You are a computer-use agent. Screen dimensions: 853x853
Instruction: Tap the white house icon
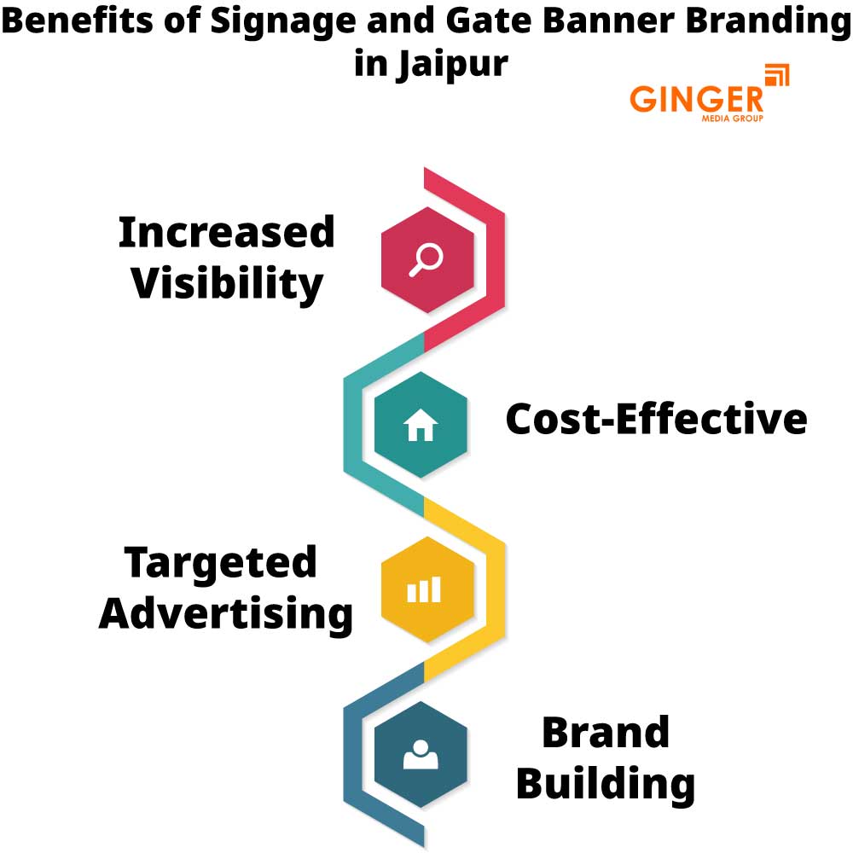click(421, 424)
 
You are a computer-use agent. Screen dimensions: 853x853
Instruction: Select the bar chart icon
click(423, 589)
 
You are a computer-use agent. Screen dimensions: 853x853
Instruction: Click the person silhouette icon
click(420, 754)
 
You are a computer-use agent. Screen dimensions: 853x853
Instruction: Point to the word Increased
click(226, 232)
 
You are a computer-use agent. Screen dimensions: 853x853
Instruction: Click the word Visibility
click(227, 283)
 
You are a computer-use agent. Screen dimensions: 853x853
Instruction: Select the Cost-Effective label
click(656, 419)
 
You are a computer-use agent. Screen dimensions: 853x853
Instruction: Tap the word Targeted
click(221, 563)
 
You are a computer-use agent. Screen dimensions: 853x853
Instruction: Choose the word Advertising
click(226, 613)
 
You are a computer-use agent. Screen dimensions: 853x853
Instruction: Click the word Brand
click(606, 733)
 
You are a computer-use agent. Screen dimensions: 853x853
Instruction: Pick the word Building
click(606, 784)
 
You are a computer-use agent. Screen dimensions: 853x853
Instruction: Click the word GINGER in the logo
click(697, 97)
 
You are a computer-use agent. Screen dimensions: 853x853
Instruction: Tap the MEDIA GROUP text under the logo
click(731, 118)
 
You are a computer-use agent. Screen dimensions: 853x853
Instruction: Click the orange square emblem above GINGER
click(775, 75)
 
